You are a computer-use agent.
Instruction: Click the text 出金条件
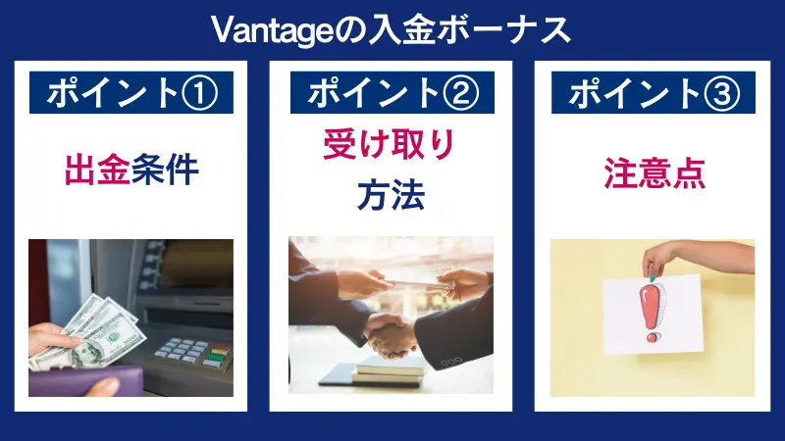tap(131, 171)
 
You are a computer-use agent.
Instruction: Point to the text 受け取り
tap(390, 148)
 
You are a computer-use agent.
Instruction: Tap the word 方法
tap(390, 195)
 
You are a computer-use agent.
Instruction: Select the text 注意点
tap(653, 175)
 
